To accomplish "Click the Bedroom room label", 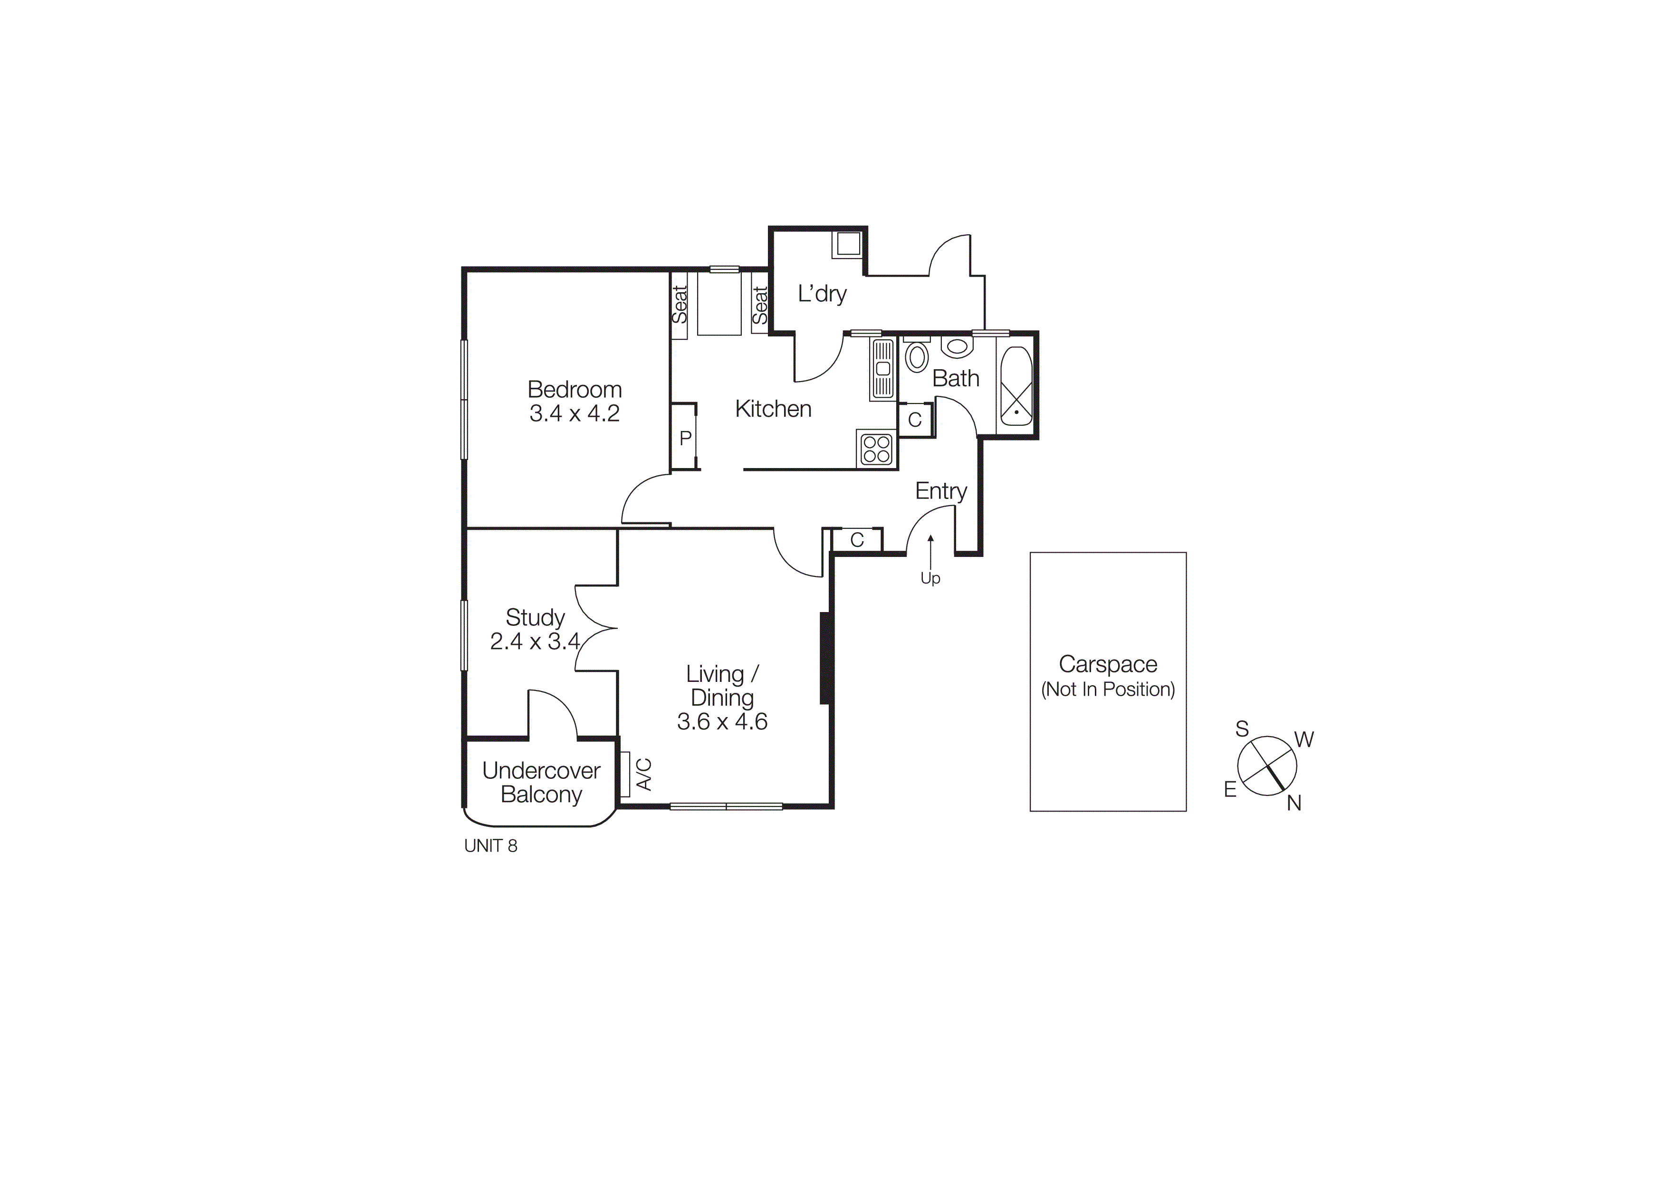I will click(575, 390).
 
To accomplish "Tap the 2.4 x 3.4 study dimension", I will click(535, 642).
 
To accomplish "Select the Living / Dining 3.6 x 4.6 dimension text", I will click(722, 721).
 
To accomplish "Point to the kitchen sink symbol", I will click(883, 369).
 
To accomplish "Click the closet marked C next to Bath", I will click(915, 420).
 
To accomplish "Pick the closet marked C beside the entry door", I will click(857, 540).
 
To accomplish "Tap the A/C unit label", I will click(643, 775).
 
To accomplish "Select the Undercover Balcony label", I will click(541, 783).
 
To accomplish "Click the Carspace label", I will click(1107, 664).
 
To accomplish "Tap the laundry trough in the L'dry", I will click(847, 244).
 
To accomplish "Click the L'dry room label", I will click(822, 294).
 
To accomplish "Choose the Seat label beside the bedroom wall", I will click(679, 305).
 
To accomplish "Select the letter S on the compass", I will click(1242, 729).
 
